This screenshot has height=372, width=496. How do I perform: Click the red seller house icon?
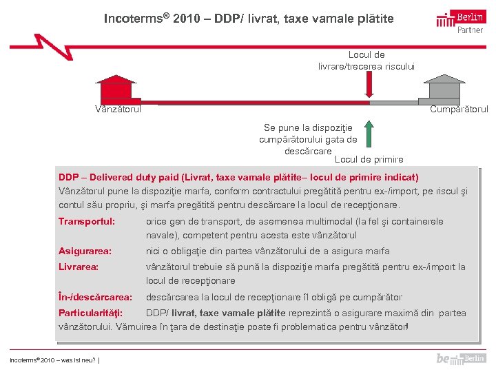point(116,90)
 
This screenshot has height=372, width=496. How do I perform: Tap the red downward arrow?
point(369,85)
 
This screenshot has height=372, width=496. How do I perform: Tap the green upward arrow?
point(369,134)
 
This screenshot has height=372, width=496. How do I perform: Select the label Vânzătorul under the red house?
point(118,109)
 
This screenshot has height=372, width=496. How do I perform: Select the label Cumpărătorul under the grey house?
point(459,109)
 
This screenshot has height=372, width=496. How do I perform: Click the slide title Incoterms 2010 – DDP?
point(249,19)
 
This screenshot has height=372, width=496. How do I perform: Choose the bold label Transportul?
point(87,222)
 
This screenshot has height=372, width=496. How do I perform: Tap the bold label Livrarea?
point(79,267)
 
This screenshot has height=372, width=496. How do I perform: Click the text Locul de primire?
point(369,160)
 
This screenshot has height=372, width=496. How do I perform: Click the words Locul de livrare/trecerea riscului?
point(366,60)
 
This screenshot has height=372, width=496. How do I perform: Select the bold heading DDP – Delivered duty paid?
point(238,177)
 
